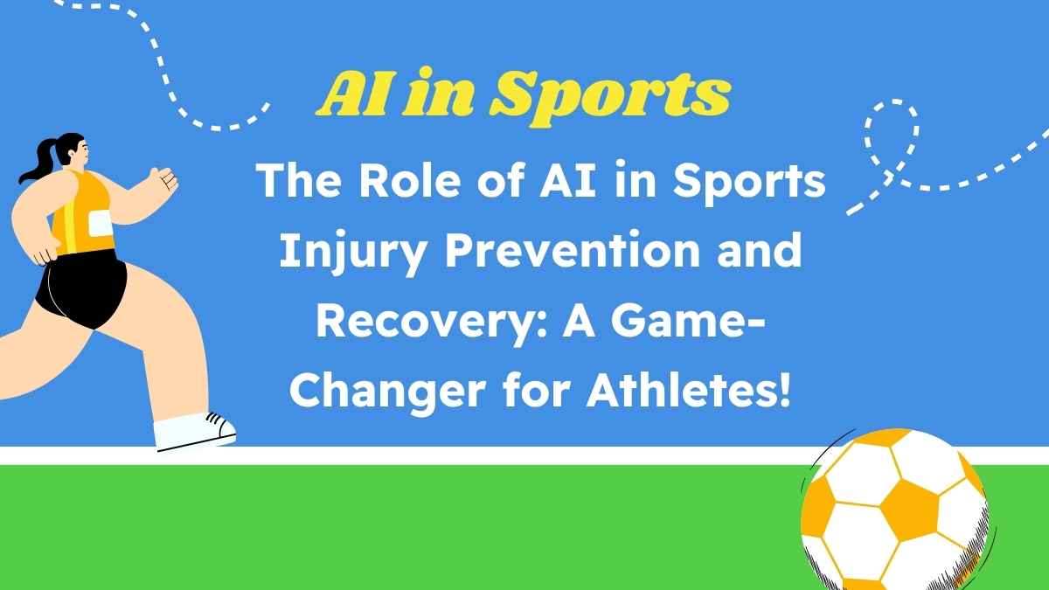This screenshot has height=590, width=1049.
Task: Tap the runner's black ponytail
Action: (x=37, y=162)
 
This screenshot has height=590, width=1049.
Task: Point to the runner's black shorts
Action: (x=83, y=288)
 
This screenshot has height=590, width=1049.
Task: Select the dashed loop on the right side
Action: (x=892, y=140)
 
